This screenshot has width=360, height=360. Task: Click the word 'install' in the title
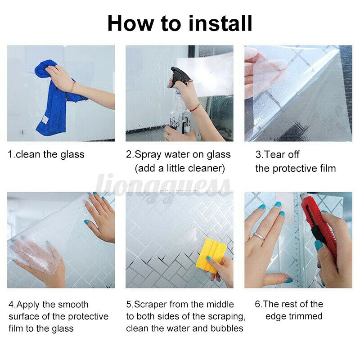(x=220, y=23)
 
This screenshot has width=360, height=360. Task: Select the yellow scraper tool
(x=211, y=255)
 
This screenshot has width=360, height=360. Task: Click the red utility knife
(x=319, y=227)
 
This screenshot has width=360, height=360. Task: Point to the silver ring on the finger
(x=260, y=236)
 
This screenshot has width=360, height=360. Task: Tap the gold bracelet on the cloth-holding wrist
(x=73, y=87)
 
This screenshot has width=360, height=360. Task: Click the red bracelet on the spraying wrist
(x=195, y=108)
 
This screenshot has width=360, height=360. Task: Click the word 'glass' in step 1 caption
(x=72, y=155)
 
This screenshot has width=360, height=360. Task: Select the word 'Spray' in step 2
(x=148, y=155)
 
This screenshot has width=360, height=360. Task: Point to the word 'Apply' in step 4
(x=28, y=305)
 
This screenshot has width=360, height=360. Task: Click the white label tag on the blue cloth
(x=45, y=120)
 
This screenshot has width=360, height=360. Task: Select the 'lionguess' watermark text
(x=163, y=186)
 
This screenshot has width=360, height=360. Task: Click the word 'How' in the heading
(x=130, y=23)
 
